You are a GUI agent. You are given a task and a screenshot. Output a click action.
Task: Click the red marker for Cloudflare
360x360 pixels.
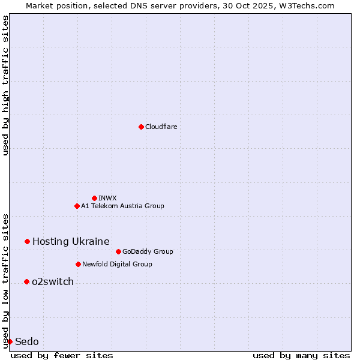coord(141,127)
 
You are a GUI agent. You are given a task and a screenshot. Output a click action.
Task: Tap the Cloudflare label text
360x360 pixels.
coord(161,127)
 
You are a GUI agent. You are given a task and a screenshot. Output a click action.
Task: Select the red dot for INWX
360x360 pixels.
coord(94,198)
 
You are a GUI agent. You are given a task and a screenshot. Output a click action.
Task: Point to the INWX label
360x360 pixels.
coord(107,198)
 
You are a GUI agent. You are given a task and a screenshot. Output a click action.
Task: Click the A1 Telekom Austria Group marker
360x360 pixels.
coord(77,206)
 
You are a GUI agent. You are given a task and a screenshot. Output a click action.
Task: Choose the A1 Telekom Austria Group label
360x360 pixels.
coord(122,206)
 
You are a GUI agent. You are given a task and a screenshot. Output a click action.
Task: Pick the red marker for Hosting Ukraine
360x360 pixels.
coord(27,241)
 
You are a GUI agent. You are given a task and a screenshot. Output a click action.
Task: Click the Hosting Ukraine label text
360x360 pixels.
coord(71,241)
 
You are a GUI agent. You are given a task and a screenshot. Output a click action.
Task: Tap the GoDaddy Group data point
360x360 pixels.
coord(118,251)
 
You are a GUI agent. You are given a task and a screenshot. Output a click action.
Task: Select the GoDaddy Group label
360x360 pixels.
coord(147,251)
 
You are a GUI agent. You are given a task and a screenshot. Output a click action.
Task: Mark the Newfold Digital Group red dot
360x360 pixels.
coord(78,264)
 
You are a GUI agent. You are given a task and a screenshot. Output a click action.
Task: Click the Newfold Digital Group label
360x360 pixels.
coord(117,264)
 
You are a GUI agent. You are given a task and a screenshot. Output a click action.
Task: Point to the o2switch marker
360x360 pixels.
coord(26,281)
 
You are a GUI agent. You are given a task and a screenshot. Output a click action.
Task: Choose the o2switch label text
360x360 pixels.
coord(53,281)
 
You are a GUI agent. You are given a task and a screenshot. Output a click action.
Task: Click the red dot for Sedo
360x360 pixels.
coord(10,341)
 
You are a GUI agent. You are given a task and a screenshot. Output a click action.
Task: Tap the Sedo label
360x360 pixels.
coord(27,341)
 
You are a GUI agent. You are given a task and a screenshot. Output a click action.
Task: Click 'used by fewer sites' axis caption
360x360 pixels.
coord(62,355)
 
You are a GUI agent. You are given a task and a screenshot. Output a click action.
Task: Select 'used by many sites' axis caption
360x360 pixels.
coord(301,355)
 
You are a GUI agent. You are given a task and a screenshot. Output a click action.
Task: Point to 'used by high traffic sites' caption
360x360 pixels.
coord(5,85)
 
